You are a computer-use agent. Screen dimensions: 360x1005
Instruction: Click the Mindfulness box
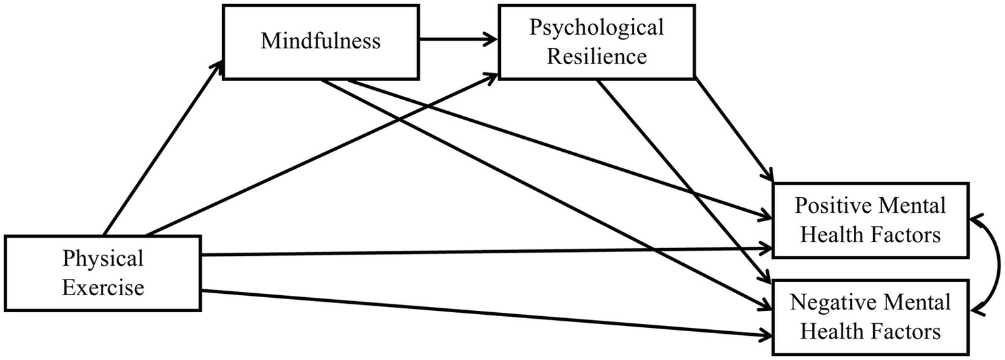[x=320, y=41]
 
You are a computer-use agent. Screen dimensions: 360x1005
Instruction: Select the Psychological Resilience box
[x=596, y=41]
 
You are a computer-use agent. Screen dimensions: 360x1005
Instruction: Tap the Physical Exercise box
[x=103, y=273]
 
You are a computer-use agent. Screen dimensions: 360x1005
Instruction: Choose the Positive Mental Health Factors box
[x=870, y=220]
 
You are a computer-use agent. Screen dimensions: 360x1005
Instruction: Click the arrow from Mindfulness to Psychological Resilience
[x=458, y=40]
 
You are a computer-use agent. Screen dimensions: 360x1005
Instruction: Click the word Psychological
[x=596, y=28]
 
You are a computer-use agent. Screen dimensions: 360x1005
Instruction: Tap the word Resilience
[x=596, y=56]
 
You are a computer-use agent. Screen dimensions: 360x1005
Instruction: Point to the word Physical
[x=103, y=259]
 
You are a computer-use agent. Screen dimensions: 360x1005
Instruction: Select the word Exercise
[x=103, y=287]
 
